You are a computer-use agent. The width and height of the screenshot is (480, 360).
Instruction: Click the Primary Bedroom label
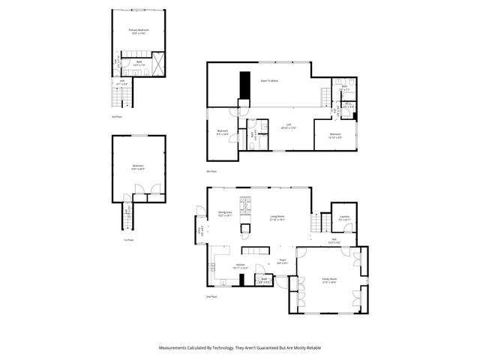pyautogui.click(x=139, y=31)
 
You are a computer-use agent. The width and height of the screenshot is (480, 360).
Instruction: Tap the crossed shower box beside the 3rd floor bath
pyautogui.click(x=158, y=63)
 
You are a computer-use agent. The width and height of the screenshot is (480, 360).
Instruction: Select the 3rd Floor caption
pyautogui.click(x=116, y=118)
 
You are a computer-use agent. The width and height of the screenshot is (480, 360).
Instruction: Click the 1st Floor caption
pyautogui.click(x=128, y=240)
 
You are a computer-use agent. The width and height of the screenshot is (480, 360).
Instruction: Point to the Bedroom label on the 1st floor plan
pyautogui.click(x=138, y=166)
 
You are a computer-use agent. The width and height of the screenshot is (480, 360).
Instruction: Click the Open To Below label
pyautogui.click(x=270, y=79)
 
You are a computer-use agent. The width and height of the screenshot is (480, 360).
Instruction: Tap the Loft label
pyautogui.click(x=288, y=126)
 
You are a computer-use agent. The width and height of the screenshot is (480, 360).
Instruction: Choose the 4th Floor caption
pyautogui.click(x=213, y=172)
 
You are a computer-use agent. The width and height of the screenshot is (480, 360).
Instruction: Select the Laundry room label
pyautogui.click(x=345, y=217)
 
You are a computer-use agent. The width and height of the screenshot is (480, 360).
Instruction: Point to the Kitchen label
pyautogui.click(x=241, y=265)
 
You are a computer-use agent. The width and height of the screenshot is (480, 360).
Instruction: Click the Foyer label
pyautogui.click(x=283, y=261)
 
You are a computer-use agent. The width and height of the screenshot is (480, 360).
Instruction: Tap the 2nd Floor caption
pyautogui.click(x=213, y=297)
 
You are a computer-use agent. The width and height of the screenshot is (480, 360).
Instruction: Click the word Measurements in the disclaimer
pyautogui.click(x=175, y=348)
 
